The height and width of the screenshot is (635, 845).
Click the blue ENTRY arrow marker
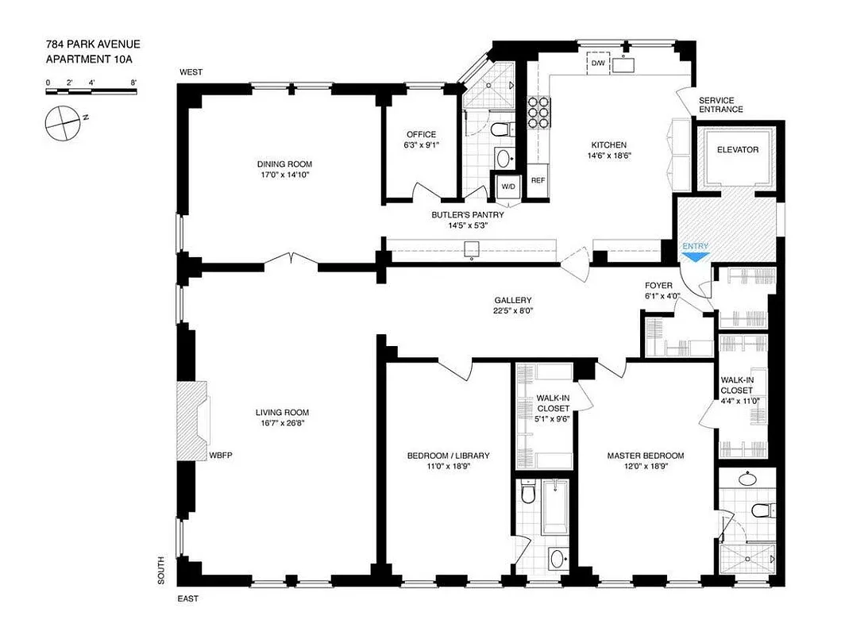(x=696, y=256)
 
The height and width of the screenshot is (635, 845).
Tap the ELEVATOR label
(x=738, y=150)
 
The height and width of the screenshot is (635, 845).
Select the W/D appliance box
(x=507, y=187)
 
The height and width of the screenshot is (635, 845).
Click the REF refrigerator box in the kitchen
(x=538, y=180)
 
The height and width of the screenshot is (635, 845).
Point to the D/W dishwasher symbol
(x=597, y=63)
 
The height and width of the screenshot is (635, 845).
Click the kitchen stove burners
(x=538, y=114)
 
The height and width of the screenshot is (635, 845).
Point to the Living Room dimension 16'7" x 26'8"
(x=281, y=423)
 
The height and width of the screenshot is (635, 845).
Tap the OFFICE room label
(x=421, y=134)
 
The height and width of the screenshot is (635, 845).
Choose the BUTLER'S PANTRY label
(x=468, y=214)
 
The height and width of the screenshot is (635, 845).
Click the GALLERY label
(x=512, y=300)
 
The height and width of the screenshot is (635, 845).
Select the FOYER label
(x=658, y=285)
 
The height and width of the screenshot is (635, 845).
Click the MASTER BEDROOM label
(x=645, y=456)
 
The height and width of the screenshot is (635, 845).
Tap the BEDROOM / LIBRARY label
(x=448, y=456)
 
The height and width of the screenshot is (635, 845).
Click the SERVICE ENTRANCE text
(x=720, y=105)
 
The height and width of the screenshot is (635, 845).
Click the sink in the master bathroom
(x=747, y=479)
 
